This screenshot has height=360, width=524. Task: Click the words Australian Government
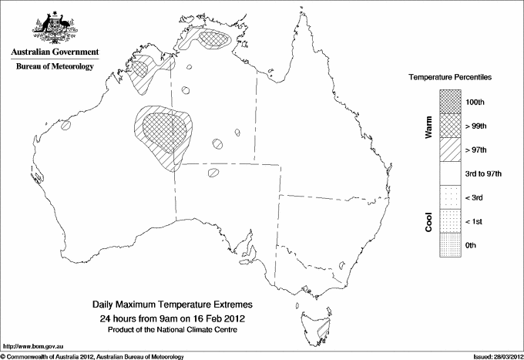[x=54, y=52]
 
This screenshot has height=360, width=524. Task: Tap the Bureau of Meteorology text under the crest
[x=54, y=66]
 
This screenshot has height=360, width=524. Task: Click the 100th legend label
[x=475, y=102]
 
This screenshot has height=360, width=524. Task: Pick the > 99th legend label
[x=478, y=126]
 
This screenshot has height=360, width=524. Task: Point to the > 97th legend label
[x=478, y=150]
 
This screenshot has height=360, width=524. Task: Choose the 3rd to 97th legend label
[x=484, y=173]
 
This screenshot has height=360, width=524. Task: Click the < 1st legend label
[x=475, y=221]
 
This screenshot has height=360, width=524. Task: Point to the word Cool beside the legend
[x=429, y=221]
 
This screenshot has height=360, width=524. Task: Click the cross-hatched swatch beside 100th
[x=449, y=102]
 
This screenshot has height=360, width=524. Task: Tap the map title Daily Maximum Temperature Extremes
[x=173, y=305]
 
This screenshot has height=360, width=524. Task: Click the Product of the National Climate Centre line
[x=173, y=329]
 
